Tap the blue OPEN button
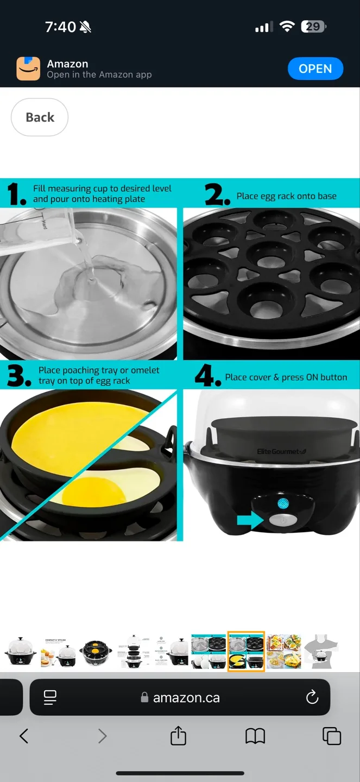(315, 69)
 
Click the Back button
(40, 117)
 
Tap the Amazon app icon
(28, 69)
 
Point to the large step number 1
(17, 194)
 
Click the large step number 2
(217, 194)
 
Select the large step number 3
(19, 376)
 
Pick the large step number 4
(207, 376)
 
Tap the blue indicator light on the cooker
(283, 503)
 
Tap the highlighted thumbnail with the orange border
(246, 651)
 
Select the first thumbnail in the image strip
(20, 651)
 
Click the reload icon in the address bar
(312, 697)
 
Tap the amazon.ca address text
(186, 698)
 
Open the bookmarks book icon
(255, 736)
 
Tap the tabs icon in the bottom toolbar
(331, 736)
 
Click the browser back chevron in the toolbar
(24, 736)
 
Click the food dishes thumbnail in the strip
(283, 651)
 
